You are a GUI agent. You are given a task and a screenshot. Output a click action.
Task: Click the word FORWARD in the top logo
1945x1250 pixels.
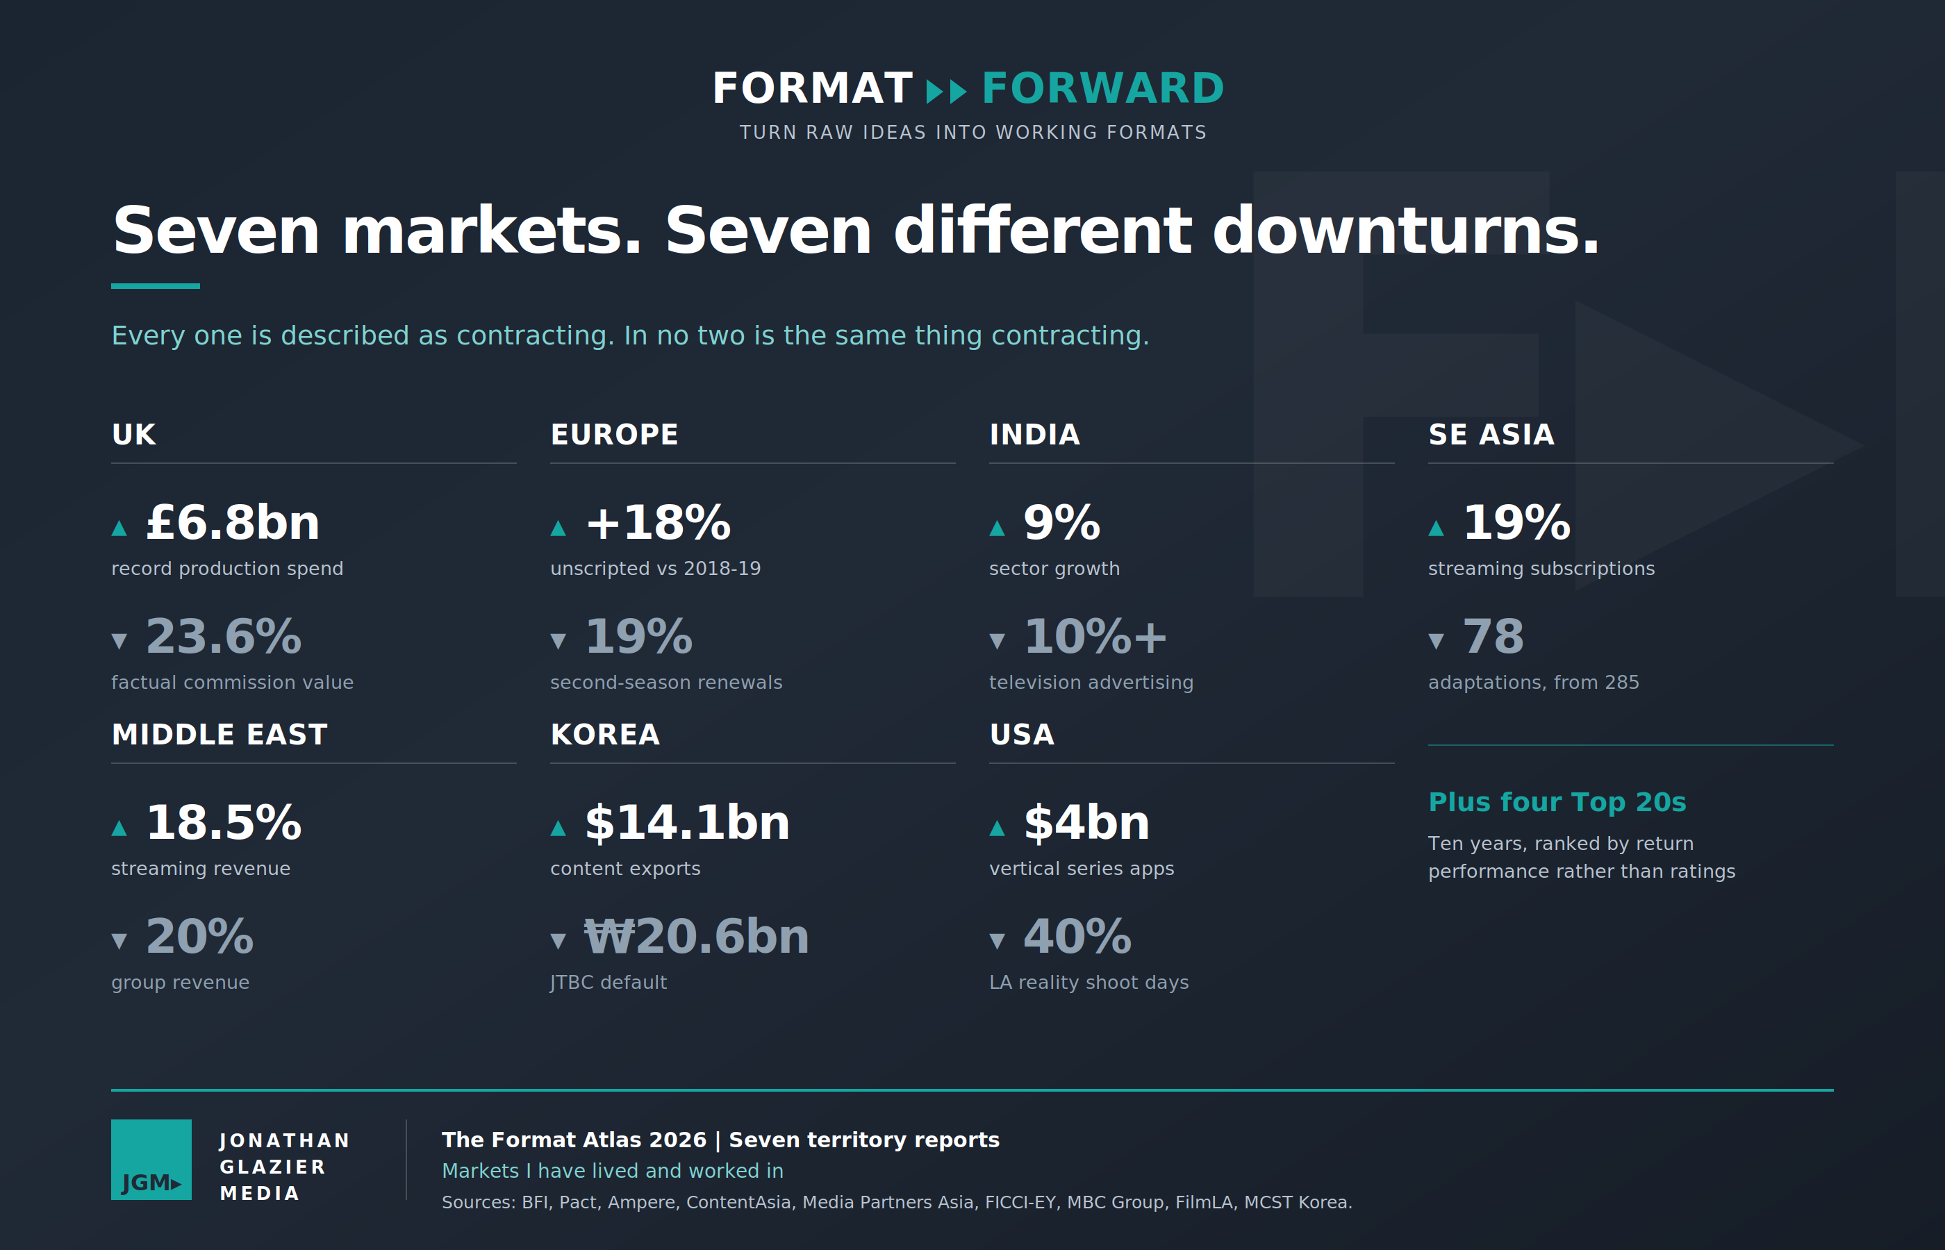point(1102,88)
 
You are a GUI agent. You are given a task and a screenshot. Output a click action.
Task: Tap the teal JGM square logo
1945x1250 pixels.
point(151,1159)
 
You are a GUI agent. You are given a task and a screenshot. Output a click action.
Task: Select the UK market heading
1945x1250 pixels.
point(133,434)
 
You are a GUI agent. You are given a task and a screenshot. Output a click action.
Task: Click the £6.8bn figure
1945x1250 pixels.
point(233,522)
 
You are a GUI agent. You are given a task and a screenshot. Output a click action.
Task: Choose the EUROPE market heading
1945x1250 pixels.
point(613,434)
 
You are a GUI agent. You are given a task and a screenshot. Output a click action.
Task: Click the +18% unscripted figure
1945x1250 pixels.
point(658,522)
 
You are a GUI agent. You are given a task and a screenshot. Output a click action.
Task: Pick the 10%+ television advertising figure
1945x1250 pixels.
point(1095,635)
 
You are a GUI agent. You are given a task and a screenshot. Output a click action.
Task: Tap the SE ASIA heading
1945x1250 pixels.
point(1491,434)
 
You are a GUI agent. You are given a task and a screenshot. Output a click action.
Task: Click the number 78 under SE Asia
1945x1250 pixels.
point(1493,635)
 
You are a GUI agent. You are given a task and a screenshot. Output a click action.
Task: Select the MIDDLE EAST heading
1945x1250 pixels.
point(220,735)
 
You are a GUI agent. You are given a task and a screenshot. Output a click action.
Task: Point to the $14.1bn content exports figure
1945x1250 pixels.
point(687,822)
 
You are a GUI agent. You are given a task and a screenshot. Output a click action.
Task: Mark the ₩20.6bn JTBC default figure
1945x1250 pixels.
point(697,936)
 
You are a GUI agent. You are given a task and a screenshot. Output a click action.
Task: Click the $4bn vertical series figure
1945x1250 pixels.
point(1087,822)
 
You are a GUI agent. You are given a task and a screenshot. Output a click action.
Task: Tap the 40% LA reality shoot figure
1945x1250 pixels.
point(1077,936)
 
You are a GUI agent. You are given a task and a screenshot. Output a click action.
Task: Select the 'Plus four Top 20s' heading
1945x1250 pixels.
point(1557,802)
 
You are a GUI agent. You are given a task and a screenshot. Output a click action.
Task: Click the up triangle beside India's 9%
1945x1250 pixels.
point(998,528)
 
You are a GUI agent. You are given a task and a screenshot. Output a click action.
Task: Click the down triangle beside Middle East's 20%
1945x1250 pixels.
point(119,941)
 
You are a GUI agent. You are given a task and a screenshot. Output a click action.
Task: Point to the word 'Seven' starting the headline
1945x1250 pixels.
point(215,231)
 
